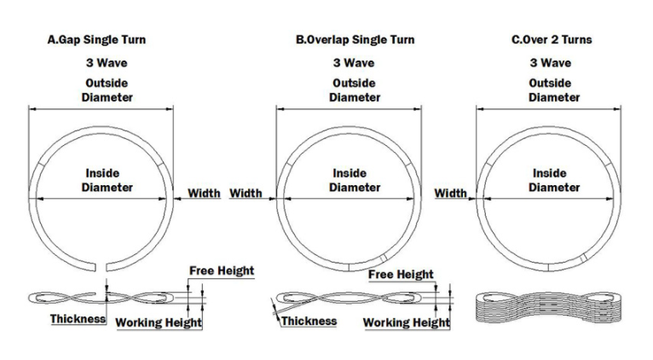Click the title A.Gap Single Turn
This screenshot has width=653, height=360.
tap(96, 40)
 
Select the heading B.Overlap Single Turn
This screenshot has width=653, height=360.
tap(355, 40)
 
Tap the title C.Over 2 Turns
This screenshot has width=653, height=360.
tap(552, 40)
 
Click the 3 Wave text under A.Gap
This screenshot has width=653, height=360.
tap(107, 63)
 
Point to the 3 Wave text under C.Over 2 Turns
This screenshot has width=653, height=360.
tap(551, 63)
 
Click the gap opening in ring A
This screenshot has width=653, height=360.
tap(101, 267)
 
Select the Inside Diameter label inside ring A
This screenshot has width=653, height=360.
tap(107, 180)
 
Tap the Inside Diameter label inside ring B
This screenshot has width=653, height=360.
tap(355, 180)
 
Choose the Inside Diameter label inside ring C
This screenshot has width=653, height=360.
tap(554, 180)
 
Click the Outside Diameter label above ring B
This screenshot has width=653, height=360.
tap(355, 90)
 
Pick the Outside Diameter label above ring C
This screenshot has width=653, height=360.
tap(554, 90)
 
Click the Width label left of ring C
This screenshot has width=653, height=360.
tap(450, 194)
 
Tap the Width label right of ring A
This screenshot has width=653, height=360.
tap(204, 194)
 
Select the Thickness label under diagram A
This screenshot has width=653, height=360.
tap(78, 319)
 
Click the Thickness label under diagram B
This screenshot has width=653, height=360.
tap(309, 321)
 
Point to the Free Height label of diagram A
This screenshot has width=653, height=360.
tap(222, 270)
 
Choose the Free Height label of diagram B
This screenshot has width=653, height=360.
tap(401, 275)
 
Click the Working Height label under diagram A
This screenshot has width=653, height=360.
tap(159, 322)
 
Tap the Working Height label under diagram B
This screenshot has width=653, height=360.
tap(406, 322)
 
